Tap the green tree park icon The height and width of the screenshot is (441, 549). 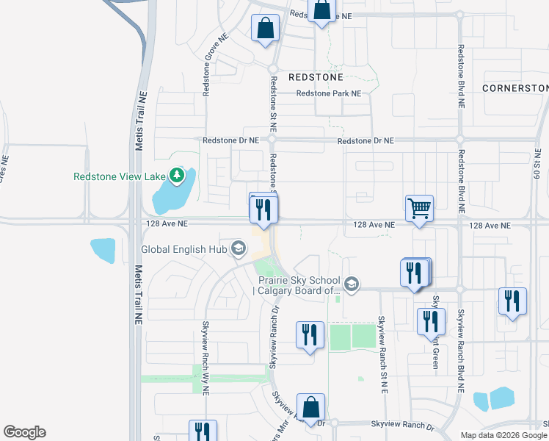coord(176,176)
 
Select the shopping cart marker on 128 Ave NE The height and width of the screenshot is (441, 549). coord(419,208)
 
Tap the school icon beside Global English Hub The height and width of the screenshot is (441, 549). coord(237,249)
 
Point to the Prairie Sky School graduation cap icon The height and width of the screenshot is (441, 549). coord(352,284)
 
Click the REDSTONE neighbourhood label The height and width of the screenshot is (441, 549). coord(316,77)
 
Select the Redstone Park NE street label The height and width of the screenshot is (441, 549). coord(329,94)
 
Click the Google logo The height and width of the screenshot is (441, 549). coord(24,432)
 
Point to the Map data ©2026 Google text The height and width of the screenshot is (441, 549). coord(503,435)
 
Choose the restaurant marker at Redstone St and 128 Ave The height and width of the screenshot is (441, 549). coord(262,209)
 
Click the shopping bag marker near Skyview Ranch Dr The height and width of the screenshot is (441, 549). coord(311,406)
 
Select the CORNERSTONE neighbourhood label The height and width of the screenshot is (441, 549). coord(515,87)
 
